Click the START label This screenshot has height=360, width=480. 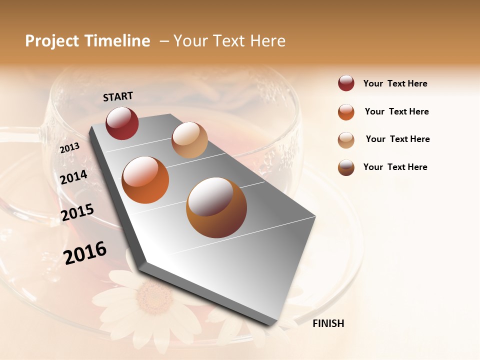(118, 96)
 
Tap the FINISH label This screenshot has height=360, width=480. (328, 323)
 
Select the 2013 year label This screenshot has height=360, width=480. (69, 147)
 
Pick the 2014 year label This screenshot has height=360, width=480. (73, 177)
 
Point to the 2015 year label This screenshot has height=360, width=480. (77, 212)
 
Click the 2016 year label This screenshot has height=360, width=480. (85, 252)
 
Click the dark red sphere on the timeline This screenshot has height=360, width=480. (122, 123)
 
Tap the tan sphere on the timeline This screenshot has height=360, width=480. (189, 140)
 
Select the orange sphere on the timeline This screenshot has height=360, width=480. (145, 180)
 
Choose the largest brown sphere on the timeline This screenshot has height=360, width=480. (216, 207)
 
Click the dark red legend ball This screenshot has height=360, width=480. (346, 83)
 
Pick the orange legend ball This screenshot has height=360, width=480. (346, 112)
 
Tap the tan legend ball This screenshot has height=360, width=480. (346, 139)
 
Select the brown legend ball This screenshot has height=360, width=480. (346, 167)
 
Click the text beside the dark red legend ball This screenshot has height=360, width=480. (395, 83)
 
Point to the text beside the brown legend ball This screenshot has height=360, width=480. (395, 167)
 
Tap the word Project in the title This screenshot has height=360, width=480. (51, 41)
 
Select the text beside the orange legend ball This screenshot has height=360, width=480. (396, 111)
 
